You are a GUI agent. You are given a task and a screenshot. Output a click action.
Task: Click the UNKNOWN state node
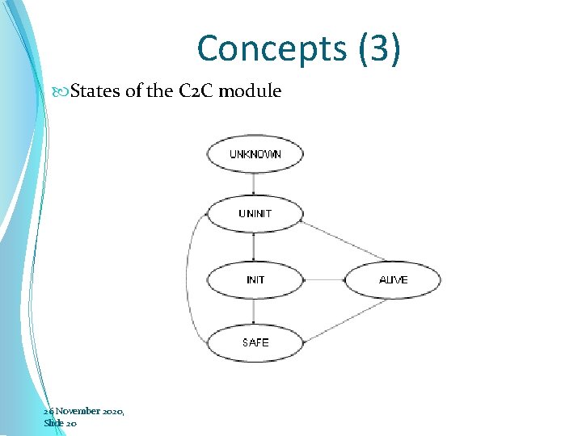click(255, 153)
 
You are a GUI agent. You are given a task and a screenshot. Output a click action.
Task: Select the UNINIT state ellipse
click(255, 214)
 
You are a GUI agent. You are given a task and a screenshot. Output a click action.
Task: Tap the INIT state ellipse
click(255, 280)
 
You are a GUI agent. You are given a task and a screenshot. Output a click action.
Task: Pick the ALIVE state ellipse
click(394, 280)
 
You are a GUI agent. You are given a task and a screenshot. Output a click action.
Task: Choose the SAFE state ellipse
click(255, 342)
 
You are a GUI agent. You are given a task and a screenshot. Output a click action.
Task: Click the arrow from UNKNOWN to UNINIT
click(255, 183)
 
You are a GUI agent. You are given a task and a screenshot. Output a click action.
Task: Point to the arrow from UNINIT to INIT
click(255, 246)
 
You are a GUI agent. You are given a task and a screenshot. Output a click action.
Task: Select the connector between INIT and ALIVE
click(324, 280)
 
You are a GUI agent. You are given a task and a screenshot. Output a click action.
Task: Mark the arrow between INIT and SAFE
click(255, 312)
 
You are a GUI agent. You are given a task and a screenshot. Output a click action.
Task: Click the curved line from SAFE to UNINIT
click(188, 279)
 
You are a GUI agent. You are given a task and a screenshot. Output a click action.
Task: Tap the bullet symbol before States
click(64, 91)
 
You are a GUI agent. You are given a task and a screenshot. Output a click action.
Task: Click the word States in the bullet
click(96, 91)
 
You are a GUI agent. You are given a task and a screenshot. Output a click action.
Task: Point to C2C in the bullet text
click(195, 91)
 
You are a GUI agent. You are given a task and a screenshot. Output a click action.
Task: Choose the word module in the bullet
click(250, 91)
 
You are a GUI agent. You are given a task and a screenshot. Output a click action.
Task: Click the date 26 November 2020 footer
click(84, 411)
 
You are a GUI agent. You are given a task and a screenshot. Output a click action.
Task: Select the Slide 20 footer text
click(61, 422)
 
